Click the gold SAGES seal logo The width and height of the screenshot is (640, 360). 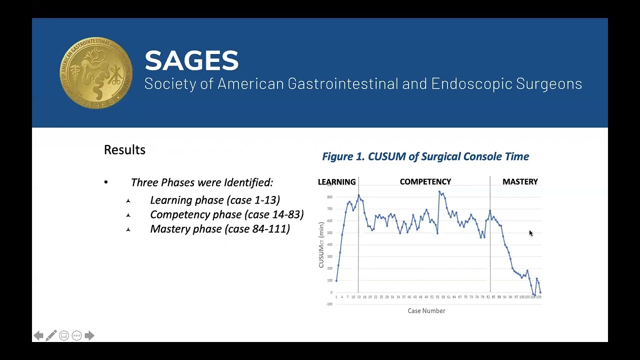click(x=96, y=73)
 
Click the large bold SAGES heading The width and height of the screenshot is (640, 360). click(x=191, y=60)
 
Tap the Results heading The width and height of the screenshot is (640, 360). click(x=124, y=150)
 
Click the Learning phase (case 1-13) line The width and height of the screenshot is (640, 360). click(x=215, y=200)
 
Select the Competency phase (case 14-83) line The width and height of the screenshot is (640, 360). click(x=226, y=214)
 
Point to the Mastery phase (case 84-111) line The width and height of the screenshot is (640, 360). click(x=220, y=229)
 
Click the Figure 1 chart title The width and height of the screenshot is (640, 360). click(x=425, y=156)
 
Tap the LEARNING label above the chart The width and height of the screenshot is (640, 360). click(x=337, y=182)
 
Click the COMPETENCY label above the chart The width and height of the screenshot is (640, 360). click(x=425, y=182)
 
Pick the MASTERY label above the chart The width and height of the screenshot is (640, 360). click(x=520, y=182)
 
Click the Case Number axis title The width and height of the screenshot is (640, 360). click(x=426, y=311)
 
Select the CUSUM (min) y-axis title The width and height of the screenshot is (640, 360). click(x=321, y=245)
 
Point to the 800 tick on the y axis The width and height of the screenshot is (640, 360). click(x=329, y=197)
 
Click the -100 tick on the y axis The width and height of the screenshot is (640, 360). click(x=329, y=304)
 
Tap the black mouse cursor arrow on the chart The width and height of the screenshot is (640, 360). click(x=530, y=233)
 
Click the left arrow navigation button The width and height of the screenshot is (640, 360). click(x=38, y=335)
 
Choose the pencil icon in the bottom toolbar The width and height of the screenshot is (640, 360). click(x=51, y=335)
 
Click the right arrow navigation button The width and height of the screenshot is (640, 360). click(x=89, y=335)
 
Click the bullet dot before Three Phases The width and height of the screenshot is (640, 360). click(x=106, y=182)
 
